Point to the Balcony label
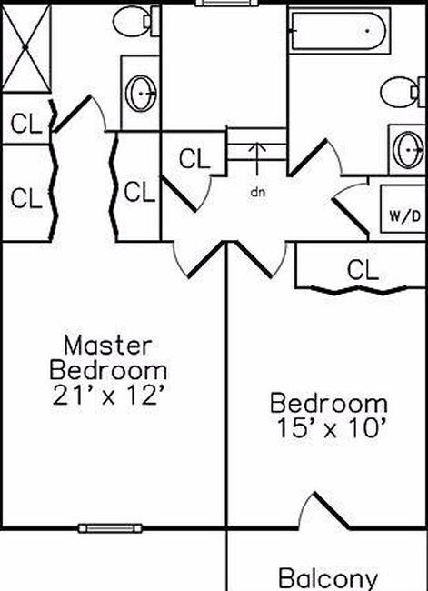[x=327, y=578]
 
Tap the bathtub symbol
[x=339, y=33]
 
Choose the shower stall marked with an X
[x=27, y=45]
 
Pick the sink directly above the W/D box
[x=409, y=147]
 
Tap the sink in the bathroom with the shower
[x=142, y=91]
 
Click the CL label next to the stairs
[x=194, y=159]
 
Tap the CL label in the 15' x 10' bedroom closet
[x=362, y=269]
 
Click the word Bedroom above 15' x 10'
[x=328, y=403]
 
